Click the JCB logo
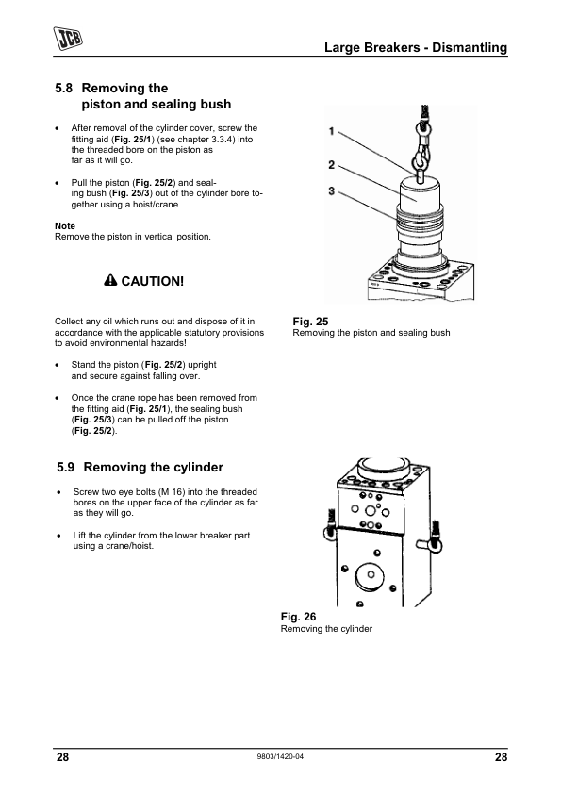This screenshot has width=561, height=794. click(68, 39)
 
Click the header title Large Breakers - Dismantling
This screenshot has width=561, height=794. click(415, 47)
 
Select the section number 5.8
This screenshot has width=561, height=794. click(64, 88)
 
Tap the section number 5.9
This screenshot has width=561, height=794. click(66, 467)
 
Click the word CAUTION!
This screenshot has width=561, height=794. click(153, 281)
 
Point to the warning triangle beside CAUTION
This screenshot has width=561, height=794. click(110, 280)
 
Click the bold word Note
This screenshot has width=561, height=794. click(65, 225)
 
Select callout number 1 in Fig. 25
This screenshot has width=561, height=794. click(332, 132)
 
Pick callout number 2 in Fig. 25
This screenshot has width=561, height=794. click(332, 165)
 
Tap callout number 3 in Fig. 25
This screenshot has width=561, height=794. click(332, 190)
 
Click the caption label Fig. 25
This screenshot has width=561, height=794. click(310, 322)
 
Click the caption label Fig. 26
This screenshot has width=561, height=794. click(298, 617)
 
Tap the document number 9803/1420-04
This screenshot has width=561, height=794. click(281, 757)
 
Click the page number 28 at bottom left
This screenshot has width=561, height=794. click(62, 757)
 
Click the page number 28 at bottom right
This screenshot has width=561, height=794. click(501, 757)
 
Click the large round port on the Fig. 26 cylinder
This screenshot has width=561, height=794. click(371, 574)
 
